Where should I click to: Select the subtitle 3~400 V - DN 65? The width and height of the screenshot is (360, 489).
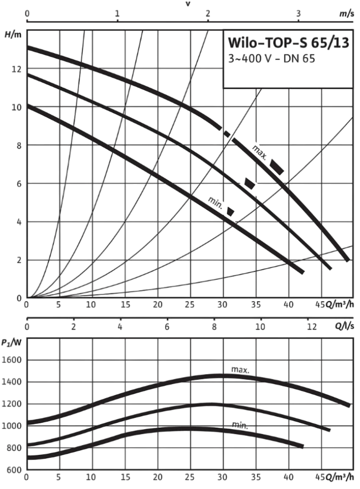click(x=265, y=59)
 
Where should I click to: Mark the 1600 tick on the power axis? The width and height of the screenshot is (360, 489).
click(x=12, y=360)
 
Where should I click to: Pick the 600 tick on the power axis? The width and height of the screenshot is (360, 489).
click(x=15, y=469)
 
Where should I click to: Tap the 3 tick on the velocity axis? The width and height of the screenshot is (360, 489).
click(x=299, y=12)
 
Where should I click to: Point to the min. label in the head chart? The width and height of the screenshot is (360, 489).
click(x=215, y=202)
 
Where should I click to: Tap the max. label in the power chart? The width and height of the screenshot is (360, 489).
click(x=240, y=370)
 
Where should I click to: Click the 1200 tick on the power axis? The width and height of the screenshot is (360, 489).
click(x=12, y=404)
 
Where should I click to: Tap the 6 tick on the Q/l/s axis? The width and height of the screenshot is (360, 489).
click(x=166, y=327)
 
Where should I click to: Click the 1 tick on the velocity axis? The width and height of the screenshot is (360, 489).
click(x=118, y=12)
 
